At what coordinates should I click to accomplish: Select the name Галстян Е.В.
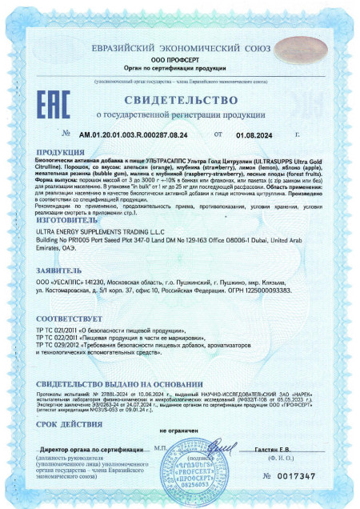(273, 451)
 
